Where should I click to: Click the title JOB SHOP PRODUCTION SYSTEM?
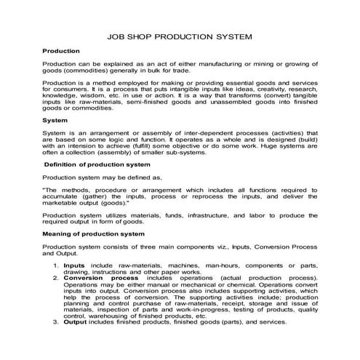tap(180, 33)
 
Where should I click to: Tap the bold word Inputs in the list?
tap(74, 267)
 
